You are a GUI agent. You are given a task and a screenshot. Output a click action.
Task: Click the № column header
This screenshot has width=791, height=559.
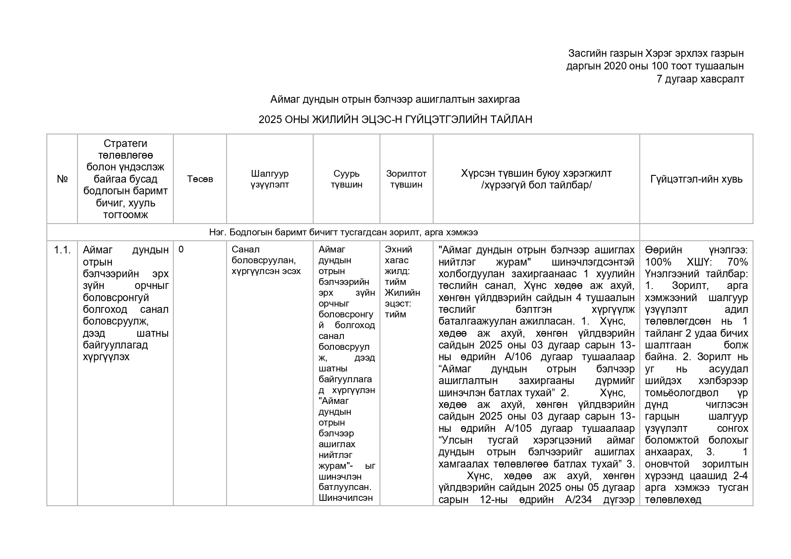(62, 179)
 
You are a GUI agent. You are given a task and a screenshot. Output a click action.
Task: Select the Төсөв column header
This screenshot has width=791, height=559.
(200, 179)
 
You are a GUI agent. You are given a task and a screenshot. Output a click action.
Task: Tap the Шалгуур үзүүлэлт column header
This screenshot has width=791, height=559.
(270, 179)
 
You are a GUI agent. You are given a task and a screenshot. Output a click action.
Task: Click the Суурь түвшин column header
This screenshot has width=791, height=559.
(346, 179)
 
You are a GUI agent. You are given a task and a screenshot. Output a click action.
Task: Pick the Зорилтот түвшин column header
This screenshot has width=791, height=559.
(406, 179)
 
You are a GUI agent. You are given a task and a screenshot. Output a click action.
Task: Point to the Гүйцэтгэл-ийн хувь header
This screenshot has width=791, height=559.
(696, 179)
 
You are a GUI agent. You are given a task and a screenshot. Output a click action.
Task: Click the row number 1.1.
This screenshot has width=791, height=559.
(62, 250)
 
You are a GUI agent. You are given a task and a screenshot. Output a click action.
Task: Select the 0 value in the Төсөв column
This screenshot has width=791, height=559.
(181, 249)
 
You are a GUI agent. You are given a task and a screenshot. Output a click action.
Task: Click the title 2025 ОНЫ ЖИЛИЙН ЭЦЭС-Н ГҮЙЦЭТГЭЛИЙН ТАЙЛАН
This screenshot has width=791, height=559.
(395, 119)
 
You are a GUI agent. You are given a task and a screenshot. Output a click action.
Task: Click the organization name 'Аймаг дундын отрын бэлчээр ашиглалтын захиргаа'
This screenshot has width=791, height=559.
(395, 99)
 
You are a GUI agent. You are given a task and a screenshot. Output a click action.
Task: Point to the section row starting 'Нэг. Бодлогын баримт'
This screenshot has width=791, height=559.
(343, 233)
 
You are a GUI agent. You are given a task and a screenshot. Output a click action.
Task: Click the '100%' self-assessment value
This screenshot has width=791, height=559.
(658, 262)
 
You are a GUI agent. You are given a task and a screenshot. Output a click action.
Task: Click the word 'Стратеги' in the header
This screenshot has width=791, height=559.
(125, 144)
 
